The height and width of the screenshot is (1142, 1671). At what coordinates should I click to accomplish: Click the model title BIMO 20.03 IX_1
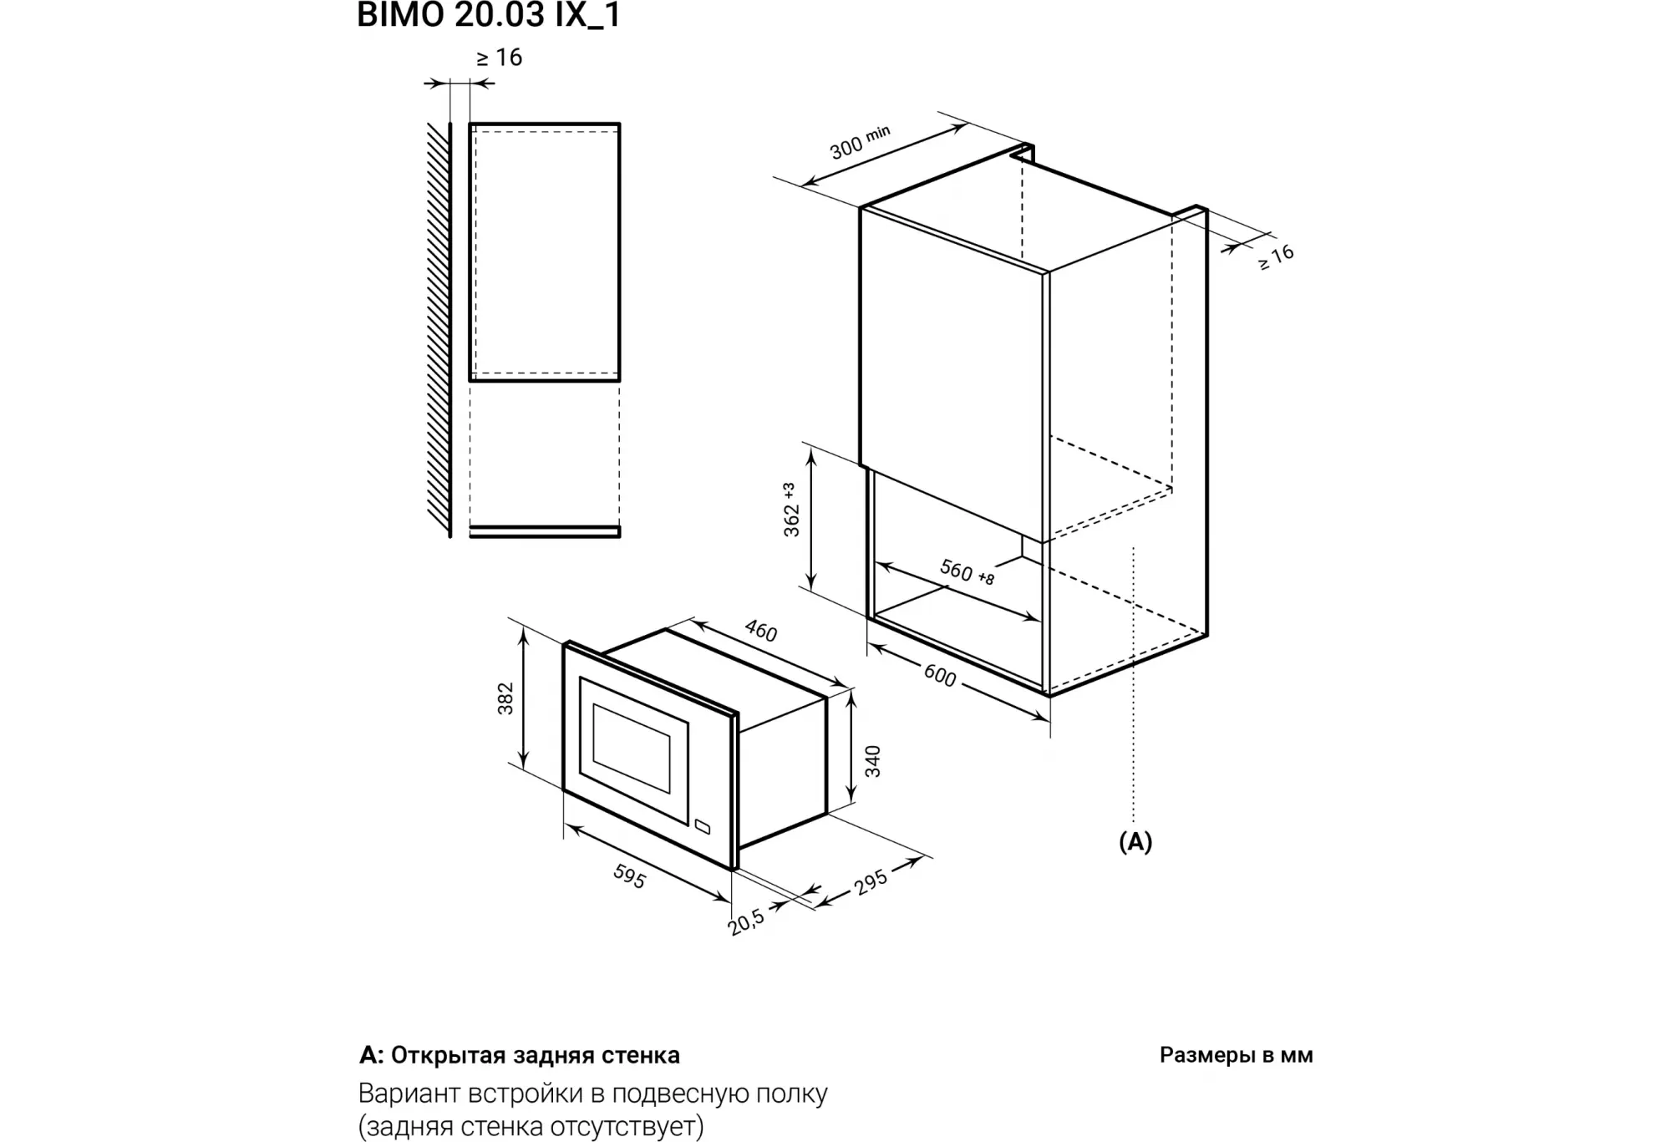pyautogui.click(x=489, y=15)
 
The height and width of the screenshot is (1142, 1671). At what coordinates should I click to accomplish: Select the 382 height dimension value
pyautogui.click(x=505, y=698)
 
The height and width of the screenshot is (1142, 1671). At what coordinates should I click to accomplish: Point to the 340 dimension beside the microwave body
pyautogui.click(x=873, y=761)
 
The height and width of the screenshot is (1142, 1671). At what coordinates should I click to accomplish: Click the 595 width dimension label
pyautogui.click(x=629, y=876)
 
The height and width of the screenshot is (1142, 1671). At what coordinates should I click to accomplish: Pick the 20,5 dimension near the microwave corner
pyautogui.click(x=746, y=921)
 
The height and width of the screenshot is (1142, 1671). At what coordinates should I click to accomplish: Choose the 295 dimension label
pyautogui.click(x=871, y=881)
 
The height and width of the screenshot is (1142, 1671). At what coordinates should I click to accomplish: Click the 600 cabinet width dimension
pyautogui.click(x=940, y=675)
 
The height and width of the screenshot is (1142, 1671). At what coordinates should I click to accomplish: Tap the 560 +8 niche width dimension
pyautogui.click(x=967, y=572)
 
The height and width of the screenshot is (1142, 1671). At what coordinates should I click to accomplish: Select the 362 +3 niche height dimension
pyautogui.click(x=791, y=510)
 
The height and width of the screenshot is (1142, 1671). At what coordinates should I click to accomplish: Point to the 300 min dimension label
pyautogui.click(x=860, y=142)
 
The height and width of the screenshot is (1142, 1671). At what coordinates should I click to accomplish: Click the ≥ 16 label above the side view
pyautogui.click(x=500, y=58)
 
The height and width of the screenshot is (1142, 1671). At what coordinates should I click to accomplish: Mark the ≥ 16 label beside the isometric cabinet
pyautogui.click(x=1277, y=256)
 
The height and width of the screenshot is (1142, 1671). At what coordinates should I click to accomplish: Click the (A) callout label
pyautogui.click(x=1135, y=842)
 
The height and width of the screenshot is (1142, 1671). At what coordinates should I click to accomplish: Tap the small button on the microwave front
pyautogui.click(x=701, y=828)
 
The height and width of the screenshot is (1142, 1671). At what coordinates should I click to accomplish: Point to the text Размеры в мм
pyautogui.click(x=1236, y=1055)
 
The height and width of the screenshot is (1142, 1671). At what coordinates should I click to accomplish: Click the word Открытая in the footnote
pyautogui.click(x=437, y=1055)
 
